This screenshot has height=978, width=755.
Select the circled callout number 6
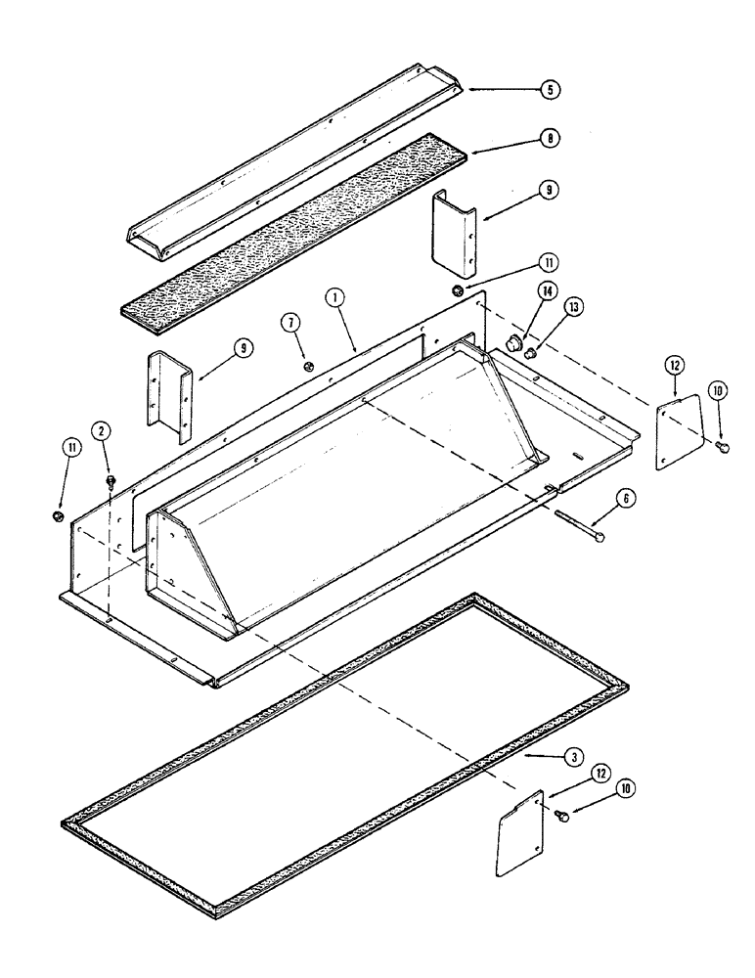click(626, 499)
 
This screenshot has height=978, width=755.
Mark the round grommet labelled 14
click(513, 341)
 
